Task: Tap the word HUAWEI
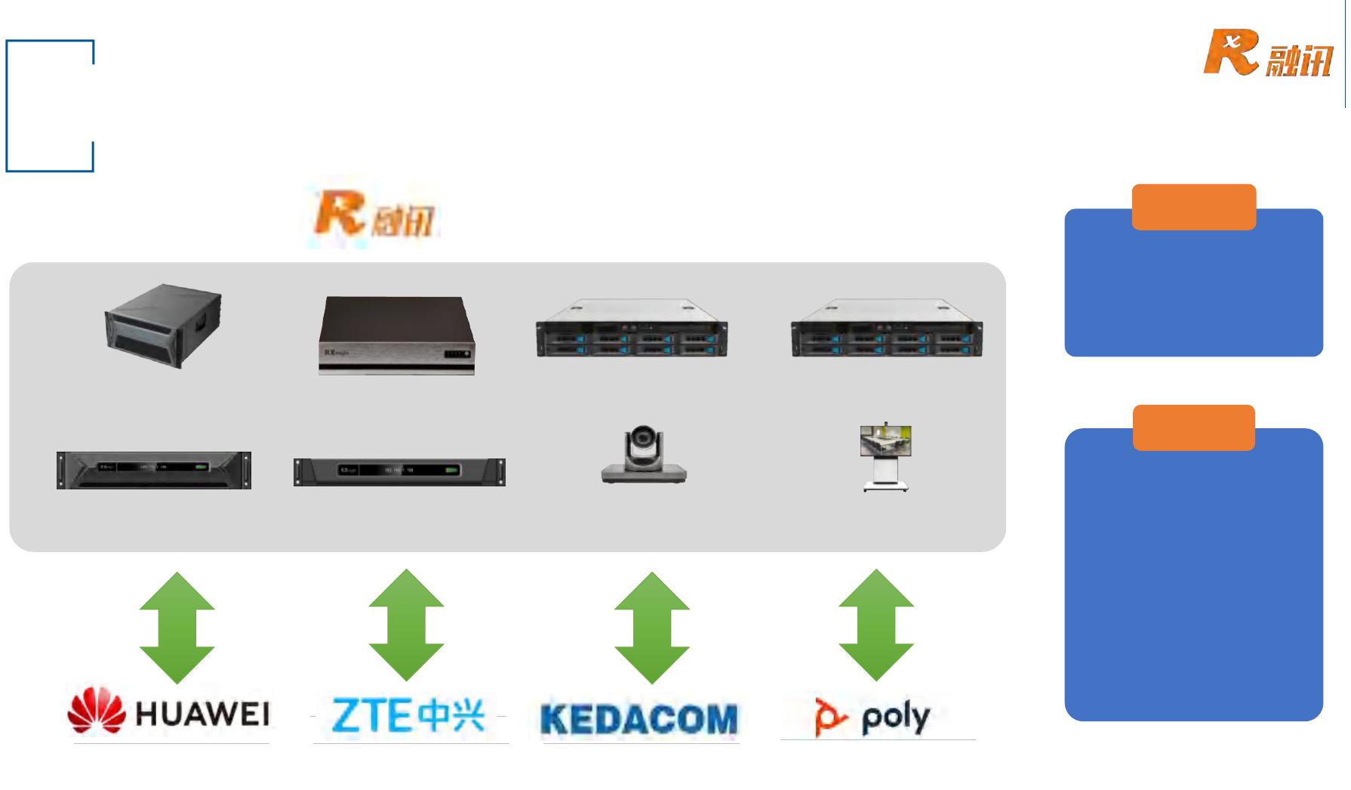[x=202, y=714]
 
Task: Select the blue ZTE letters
[x=370, y=715]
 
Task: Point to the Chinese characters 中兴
[x=451, y=714]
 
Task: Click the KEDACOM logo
[x=639, y=718]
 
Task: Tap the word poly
[x=896, y=717]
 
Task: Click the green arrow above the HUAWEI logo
[x=177, y=628]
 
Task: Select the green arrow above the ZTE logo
[x=406, y=625]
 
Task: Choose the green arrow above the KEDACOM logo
[x=652, y=628]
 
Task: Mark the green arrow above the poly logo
[x=876, y=625]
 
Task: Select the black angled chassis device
[x=163, y=326]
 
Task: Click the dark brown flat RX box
[x=397, y=335]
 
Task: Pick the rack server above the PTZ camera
[x=632, y=329]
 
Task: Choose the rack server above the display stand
[x=887, y=329]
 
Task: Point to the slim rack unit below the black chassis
[x=154, y=470]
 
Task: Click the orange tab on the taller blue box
[x=1193, y=427]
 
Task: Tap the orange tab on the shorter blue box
[x=1193, y=207]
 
